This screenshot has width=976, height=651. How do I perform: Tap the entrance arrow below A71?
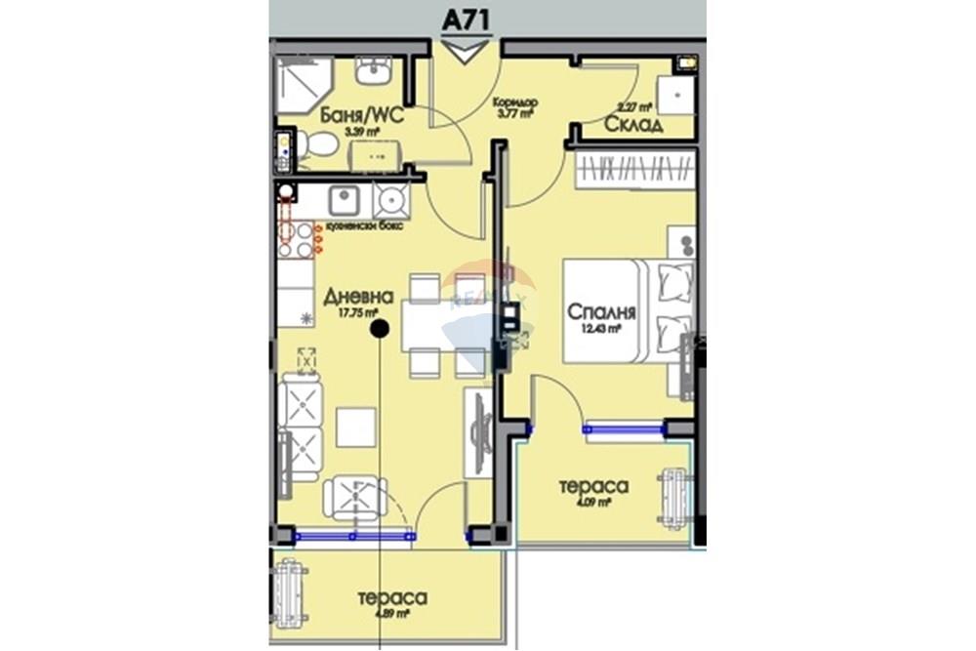click(x=464, y=51)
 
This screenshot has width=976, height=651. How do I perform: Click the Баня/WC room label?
click(x=361, y=117)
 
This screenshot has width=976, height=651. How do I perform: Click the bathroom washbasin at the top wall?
click(x=372, y=70)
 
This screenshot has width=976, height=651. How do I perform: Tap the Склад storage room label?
click(x=633, y=124)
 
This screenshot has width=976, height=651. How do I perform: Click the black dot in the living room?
click(x=380, y=330)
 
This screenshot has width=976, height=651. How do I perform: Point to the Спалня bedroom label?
click(x=602, y=312)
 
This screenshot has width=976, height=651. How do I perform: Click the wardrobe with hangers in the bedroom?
click(x=631, y=171)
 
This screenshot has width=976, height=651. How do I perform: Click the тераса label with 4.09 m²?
click(x=592, y=486)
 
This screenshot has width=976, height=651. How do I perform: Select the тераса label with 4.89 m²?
click(x=391, y=597)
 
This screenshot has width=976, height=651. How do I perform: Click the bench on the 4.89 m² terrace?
click(x=291, y=593)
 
